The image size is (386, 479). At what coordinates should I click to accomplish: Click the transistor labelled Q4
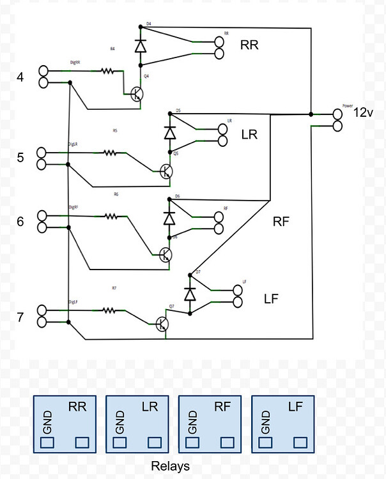tap(137, 94)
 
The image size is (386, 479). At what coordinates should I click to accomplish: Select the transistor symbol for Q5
tap(166, 171)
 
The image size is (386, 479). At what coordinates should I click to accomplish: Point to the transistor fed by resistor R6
tap(166, 254)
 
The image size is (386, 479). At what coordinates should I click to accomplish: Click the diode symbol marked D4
tap(140, 46)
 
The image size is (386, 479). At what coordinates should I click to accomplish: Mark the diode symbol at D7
tap(190, 294)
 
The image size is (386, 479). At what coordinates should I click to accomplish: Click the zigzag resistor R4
tap(111, 72)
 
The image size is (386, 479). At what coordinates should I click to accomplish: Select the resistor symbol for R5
tap(111, 153)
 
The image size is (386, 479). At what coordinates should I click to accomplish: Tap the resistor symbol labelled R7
tap(111, 311)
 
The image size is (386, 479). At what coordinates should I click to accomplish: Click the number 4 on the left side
tap(20, 77)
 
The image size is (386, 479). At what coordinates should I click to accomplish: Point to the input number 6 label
tap(20, 222)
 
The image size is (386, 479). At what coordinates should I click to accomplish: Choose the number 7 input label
tap(20, 316)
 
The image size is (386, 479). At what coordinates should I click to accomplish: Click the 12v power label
tap(364, 112)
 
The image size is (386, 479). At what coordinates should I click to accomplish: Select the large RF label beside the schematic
tap(282, 222)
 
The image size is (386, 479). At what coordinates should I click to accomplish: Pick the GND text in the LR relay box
tap(120, 422)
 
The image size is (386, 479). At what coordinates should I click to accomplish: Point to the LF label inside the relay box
tap(295, 406)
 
